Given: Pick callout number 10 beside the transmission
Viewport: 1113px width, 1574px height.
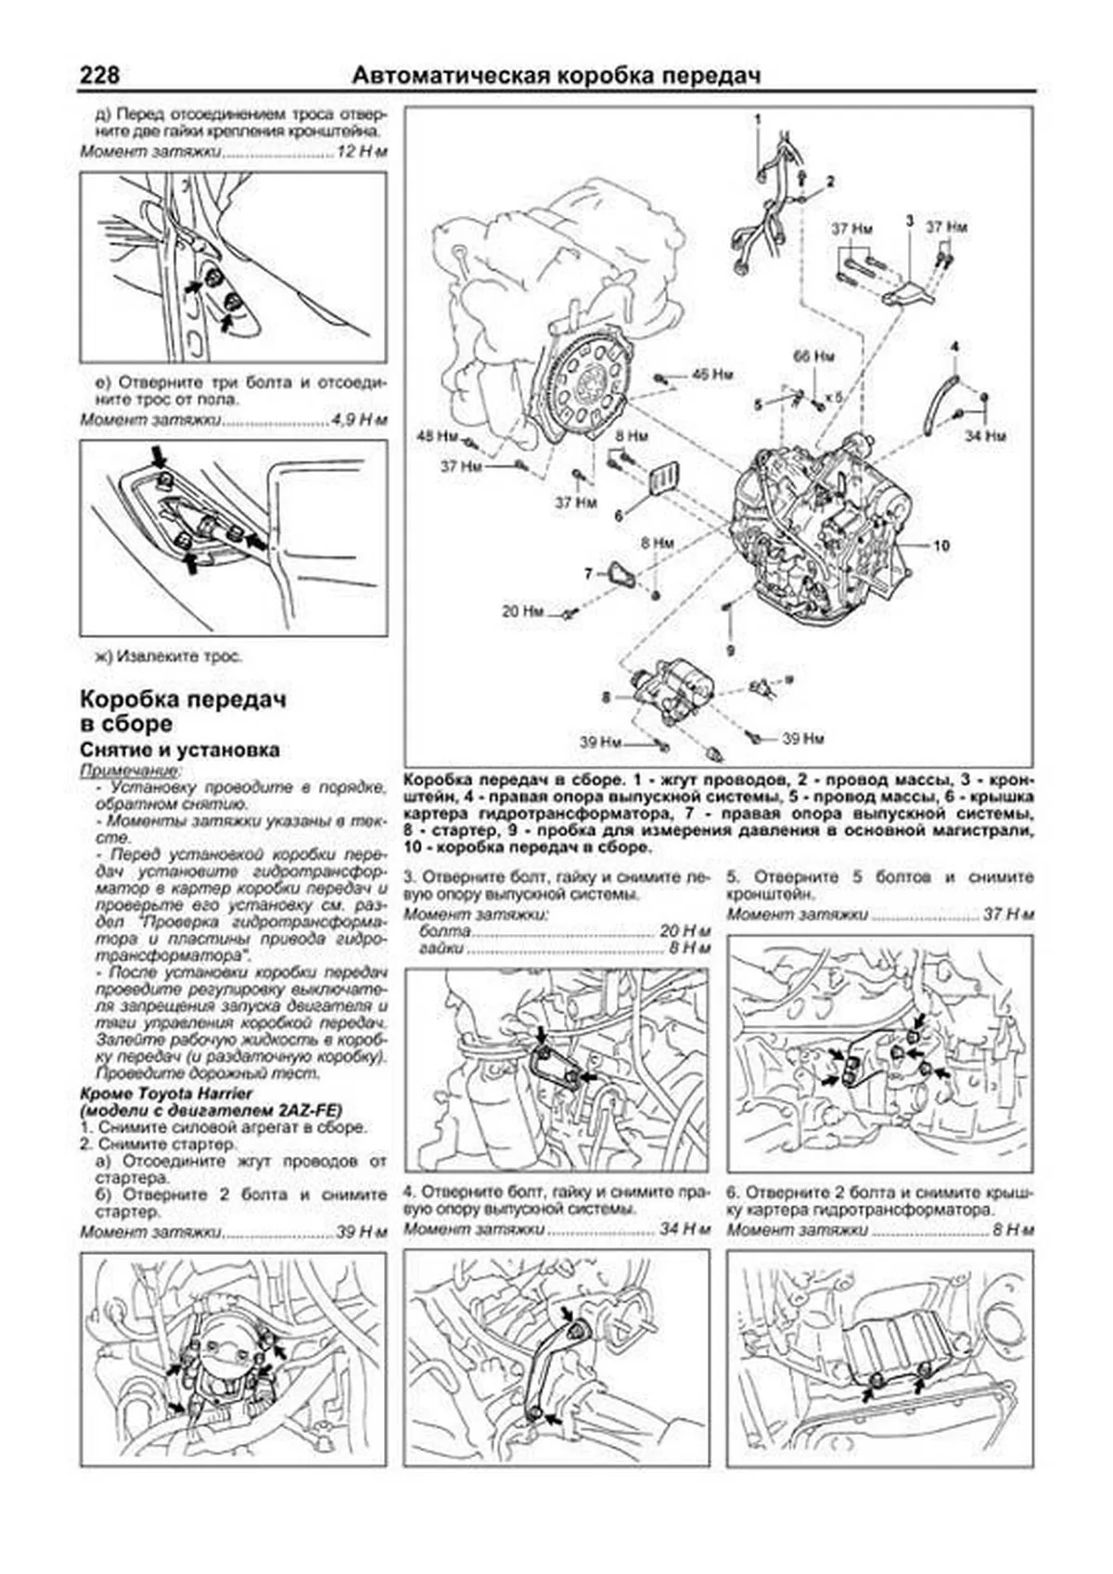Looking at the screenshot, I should (940, 545).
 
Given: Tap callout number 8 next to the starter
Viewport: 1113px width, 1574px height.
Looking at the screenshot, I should (606, 697).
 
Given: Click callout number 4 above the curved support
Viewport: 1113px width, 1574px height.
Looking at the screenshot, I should (953, 347).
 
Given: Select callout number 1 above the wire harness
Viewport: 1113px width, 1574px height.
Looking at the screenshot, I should (757, 120).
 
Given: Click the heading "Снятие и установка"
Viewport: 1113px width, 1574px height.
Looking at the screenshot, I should (179, 750).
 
